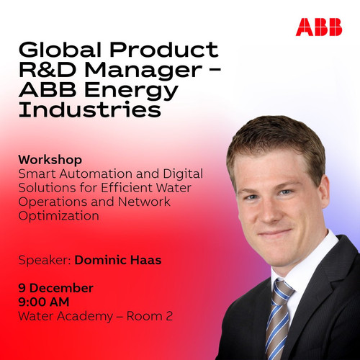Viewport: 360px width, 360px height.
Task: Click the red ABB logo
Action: point(319,27)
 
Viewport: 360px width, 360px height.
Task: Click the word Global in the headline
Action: point(60,50)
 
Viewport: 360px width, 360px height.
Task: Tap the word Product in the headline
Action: point(164,50)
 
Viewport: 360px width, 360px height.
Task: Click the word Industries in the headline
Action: point(90,109)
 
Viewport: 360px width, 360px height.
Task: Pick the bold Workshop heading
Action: point(50,161)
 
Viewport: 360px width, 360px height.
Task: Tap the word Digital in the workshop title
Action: point(183,174)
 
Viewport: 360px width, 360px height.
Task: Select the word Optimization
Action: point(58,216)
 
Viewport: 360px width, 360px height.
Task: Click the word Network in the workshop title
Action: point(144,202)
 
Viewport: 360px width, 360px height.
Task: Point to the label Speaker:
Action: point(45,261)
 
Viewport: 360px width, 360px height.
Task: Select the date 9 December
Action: point(55,288)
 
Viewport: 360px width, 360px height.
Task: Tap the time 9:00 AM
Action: point(44,302)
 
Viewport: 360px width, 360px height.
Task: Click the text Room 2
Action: point(150,316)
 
